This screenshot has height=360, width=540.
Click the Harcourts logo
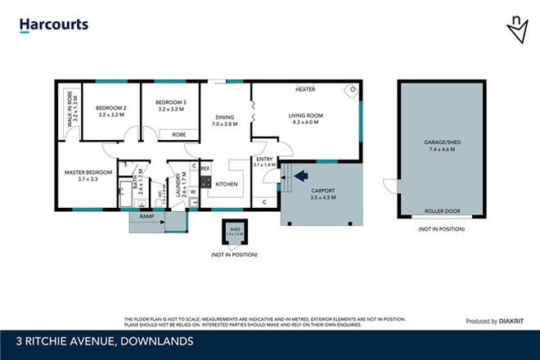(54, 25)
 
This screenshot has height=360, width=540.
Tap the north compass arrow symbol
(517, 30)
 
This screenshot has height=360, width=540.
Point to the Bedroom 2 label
(110, 112)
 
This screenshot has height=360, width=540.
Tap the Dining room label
(223, 120)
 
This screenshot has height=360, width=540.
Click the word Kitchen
(227, 184)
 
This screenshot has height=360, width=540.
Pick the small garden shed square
(234, 232)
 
